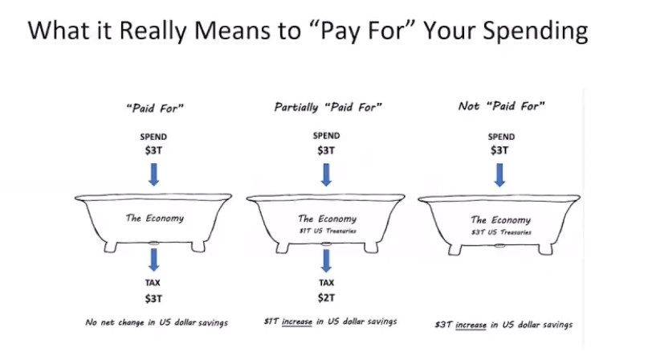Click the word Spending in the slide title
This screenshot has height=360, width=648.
tap(535, 31)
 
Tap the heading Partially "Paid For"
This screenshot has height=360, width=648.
tap(328, 107)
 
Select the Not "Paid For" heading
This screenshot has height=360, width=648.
tap(501, 106)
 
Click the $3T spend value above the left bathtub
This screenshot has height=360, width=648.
tap(153, 150)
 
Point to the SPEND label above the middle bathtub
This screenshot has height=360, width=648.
tap(327, 136)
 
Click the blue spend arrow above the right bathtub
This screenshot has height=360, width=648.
tap(499, 175)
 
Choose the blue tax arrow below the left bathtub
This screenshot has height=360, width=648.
tap(153, 260)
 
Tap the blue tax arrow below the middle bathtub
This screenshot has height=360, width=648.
tap(327, 260)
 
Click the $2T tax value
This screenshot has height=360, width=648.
tap(327, 298)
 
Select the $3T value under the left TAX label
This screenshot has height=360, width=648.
tap(153, 299)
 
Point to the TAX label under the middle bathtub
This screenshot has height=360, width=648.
tap(327, 283)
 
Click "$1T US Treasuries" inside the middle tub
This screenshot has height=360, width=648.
tap(328, 231)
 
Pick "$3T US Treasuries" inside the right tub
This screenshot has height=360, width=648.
tap(501, 232)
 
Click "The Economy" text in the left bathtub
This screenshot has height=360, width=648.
tap(155, 218)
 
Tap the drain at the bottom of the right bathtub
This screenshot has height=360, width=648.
tap(499, 246)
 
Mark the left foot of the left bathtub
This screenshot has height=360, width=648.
tap(111, 247)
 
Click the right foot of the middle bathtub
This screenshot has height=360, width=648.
tap(371, 247)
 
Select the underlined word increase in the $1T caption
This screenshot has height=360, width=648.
tap(297, 322)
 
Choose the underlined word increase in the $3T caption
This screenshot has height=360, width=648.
tap(471, 325)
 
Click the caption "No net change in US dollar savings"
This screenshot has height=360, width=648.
tap(157, 322)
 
